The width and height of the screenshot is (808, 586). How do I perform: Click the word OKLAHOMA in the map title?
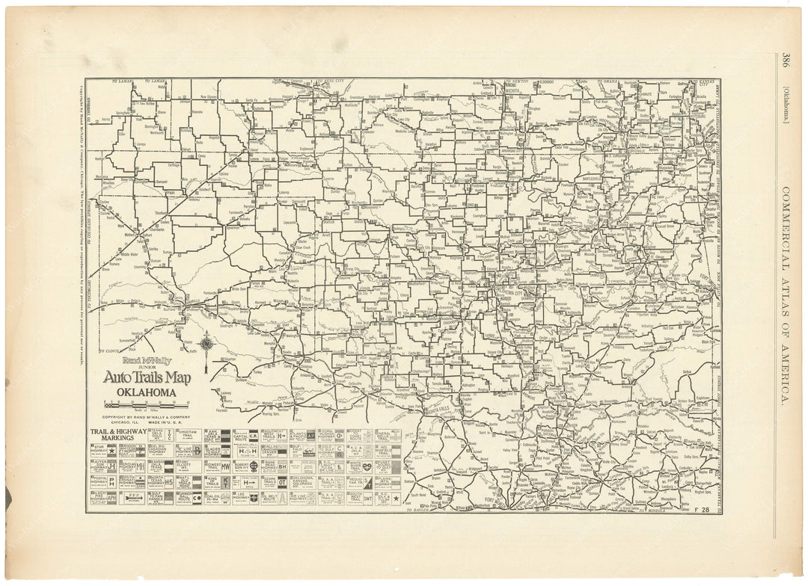click(x=146, y=392)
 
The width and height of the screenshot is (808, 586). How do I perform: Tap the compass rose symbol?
click(x=206, y=345)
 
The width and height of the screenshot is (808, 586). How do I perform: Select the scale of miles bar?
click(x=146, y=405)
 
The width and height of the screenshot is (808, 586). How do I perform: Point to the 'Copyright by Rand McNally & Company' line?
click(x=146, y=416)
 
